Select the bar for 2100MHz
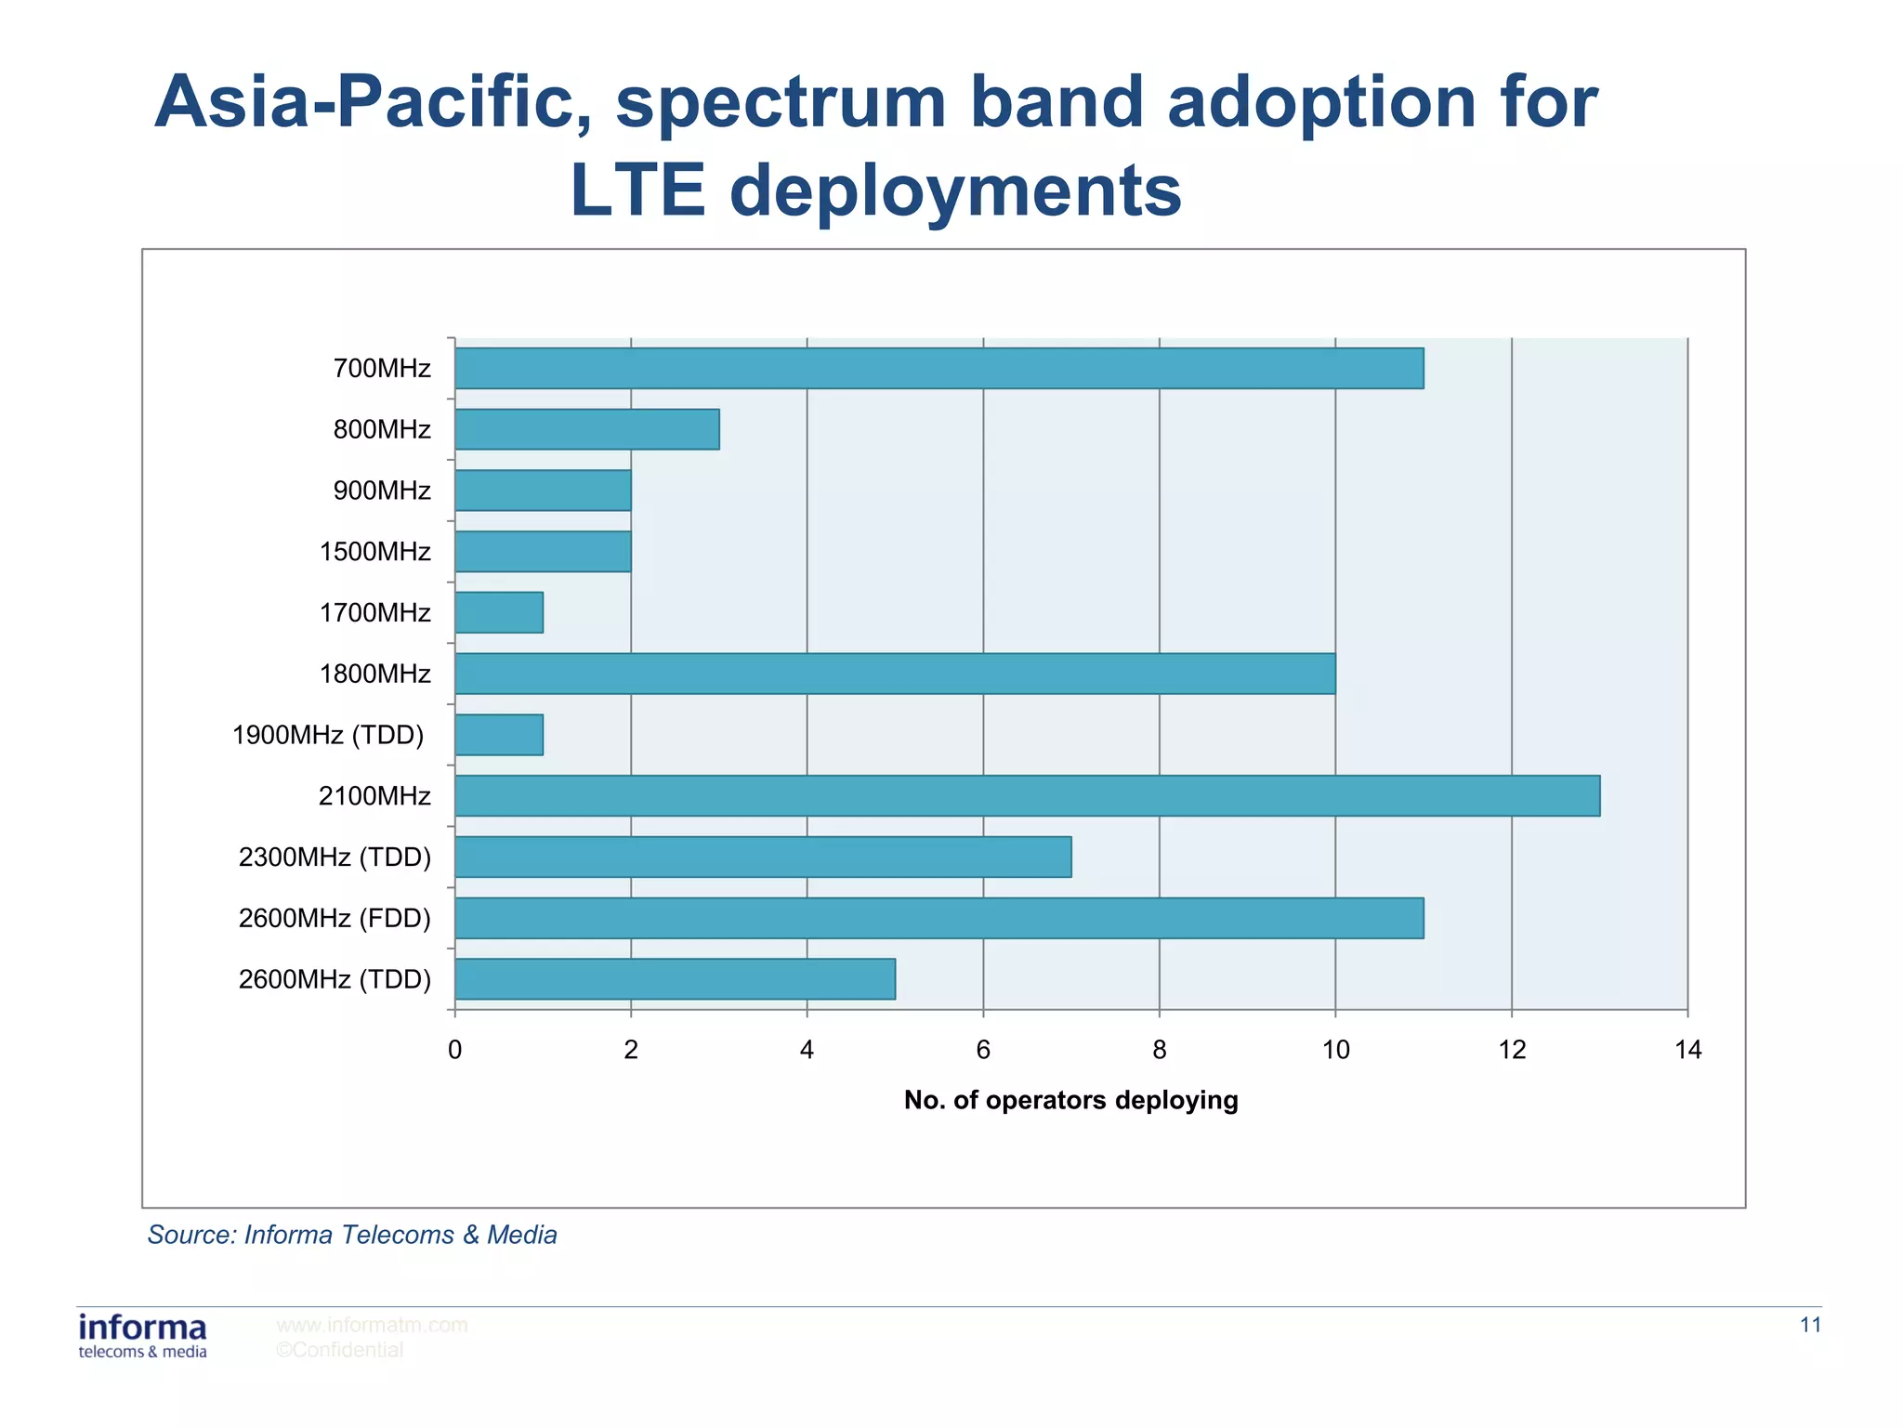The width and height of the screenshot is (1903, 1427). click(1027, 795)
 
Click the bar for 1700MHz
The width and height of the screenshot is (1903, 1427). click(499, 612)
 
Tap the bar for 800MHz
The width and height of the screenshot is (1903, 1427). click(586, 429)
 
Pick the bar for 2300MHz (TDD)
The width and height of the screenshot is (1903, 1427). click(763, 857)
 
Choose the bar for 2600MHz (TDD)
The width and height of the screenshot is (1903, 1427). click(675, 979)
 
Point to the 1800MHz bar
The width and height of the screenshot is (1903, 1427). click(895, 674)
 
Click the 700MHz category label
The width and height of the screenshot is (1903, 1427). click(382, 369)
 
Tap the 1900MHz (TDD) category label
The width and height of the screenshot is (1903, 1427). click(328, 735)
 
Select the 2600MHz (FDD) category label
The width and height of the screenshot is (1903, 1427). click(335, 918)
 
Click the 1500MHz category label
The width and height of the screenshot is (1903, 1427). click(374, 552)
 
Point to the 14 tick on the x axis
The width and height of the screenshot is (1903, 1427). click(1687, 1050)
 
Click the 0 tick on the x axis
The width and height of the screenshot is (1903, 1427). click(454, 1050)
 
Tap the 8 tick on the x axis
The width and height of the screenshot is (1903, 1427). click(1159, 1050)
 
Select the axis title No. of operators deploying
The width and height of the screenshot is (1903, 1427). click(1070, 1100)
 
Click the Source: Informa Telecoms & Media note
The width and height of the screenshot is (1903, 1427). click(352, 1235)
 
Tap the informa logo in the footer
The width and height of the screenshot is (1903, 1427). click(143, 1336)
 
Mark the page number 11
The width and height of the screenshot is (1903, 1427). click(1810, 1325)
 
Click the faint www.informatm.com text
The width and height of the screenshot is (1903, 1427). click(372, 1325)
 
